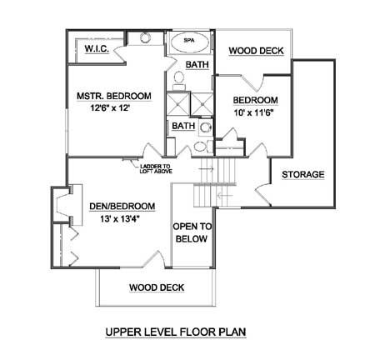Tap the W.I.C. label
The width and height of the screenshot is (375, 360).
[x=97, y=48]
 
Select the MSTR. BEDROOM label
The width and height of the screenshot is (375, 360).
[x=114, y=96]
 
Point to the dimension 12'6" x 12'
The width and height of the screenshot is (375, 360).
[x=110, y=107]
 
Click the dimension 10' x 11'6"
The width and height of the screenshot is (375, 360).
[x=254, y=112]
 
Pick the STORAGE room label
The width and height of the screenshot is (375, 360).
[x=303, y=174]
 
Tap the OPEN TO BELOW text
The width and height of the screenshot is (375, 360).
[x=192, y=232]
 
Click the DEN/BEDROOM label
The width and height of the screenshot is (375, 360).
[x=122, y=207]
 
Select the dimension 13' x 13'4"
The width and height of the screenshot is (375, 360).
[x=120, y=219]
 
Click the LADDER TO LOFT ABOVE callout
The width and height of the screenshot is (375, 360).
[x=156, y=169]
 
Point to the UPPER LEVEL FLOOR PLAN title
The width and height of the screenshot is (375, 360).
[x=176, y=332]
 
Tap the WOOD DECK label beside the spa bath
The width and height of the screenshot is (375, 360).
[x=256, y=51]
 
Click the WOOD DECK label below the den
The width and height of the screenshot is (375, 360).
[x=157, y=287]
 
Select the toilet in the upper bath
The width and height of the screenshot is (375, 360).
[x=179, y=79]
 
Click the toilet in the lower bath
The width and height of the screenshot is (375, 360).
[x=202, y=146]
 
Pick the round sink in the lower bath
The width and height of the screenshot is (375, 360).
[x=206, y=128]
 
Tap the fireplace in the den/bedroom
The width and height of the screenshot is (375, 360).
[x=68, y=205]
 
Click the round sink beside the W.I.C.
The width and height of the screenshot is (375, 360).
[x=145, y=37]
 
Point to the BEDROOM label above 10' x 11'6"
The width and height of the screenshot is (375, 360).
[x=255, y=100]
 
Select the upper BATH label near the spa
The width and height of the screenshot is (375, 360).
[x=197, y=64]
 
